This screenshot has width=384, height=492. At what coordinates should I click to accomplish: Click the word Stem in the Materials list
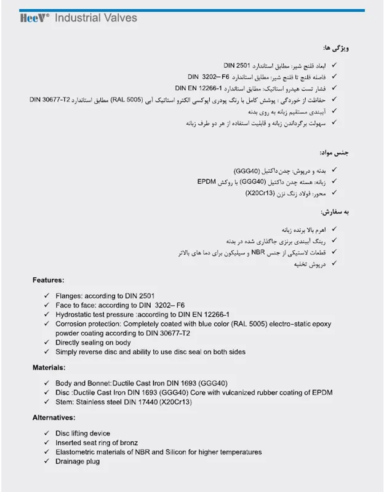click(x=64, y=401)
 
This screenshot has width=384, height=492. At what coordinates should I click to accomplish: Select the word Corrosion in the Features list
click(x=71, y=323)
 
